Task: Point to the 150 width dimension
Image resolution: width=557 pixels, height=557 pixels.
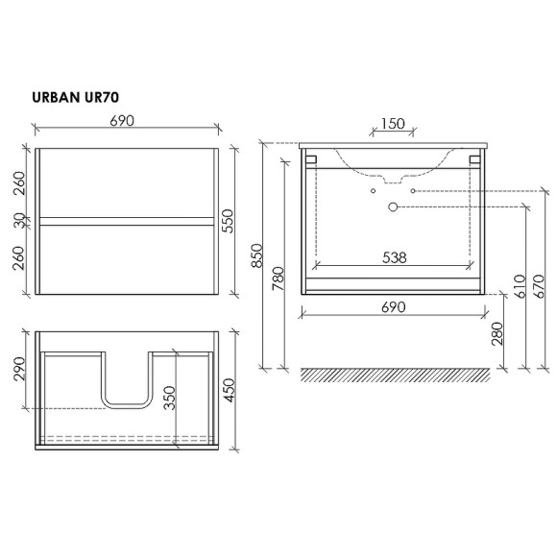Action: coord(391,125)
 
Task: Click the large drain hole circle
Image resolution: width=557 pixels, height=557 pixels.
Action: coord(392,206)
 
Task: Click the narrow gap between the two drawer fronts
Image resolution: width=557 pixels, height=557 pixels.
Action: coord(122,222)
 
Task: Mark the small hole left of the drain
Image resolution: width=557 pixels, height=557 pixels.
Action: coord(372,191)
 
